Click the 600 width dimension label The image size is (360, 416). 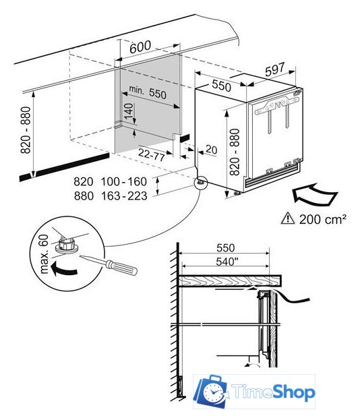140,47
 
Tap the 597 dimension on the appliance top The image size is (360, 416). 275,69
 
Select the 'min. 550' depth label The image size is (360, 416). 148,92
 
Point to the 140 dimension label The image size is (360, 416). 128,111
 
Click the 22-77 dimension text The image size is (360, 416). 151,154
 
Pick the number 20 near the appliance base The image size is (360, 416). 211,150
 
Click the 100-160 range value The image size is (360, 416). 124,182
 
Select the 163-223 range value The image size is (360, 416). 124,196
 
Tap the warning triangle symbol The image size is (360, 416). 288,218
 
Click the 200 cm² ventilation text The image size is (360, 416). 323,219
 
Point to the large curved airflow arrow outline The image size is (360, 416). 315,194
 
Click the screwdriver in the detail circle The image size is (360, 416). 109,265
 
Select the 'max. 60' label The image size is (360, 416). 44,254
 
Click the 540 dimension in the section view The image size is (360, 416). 226,262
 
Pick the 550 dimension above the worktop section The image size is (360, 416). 225,248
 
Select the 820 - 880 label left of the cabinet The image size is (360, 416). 26,130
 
